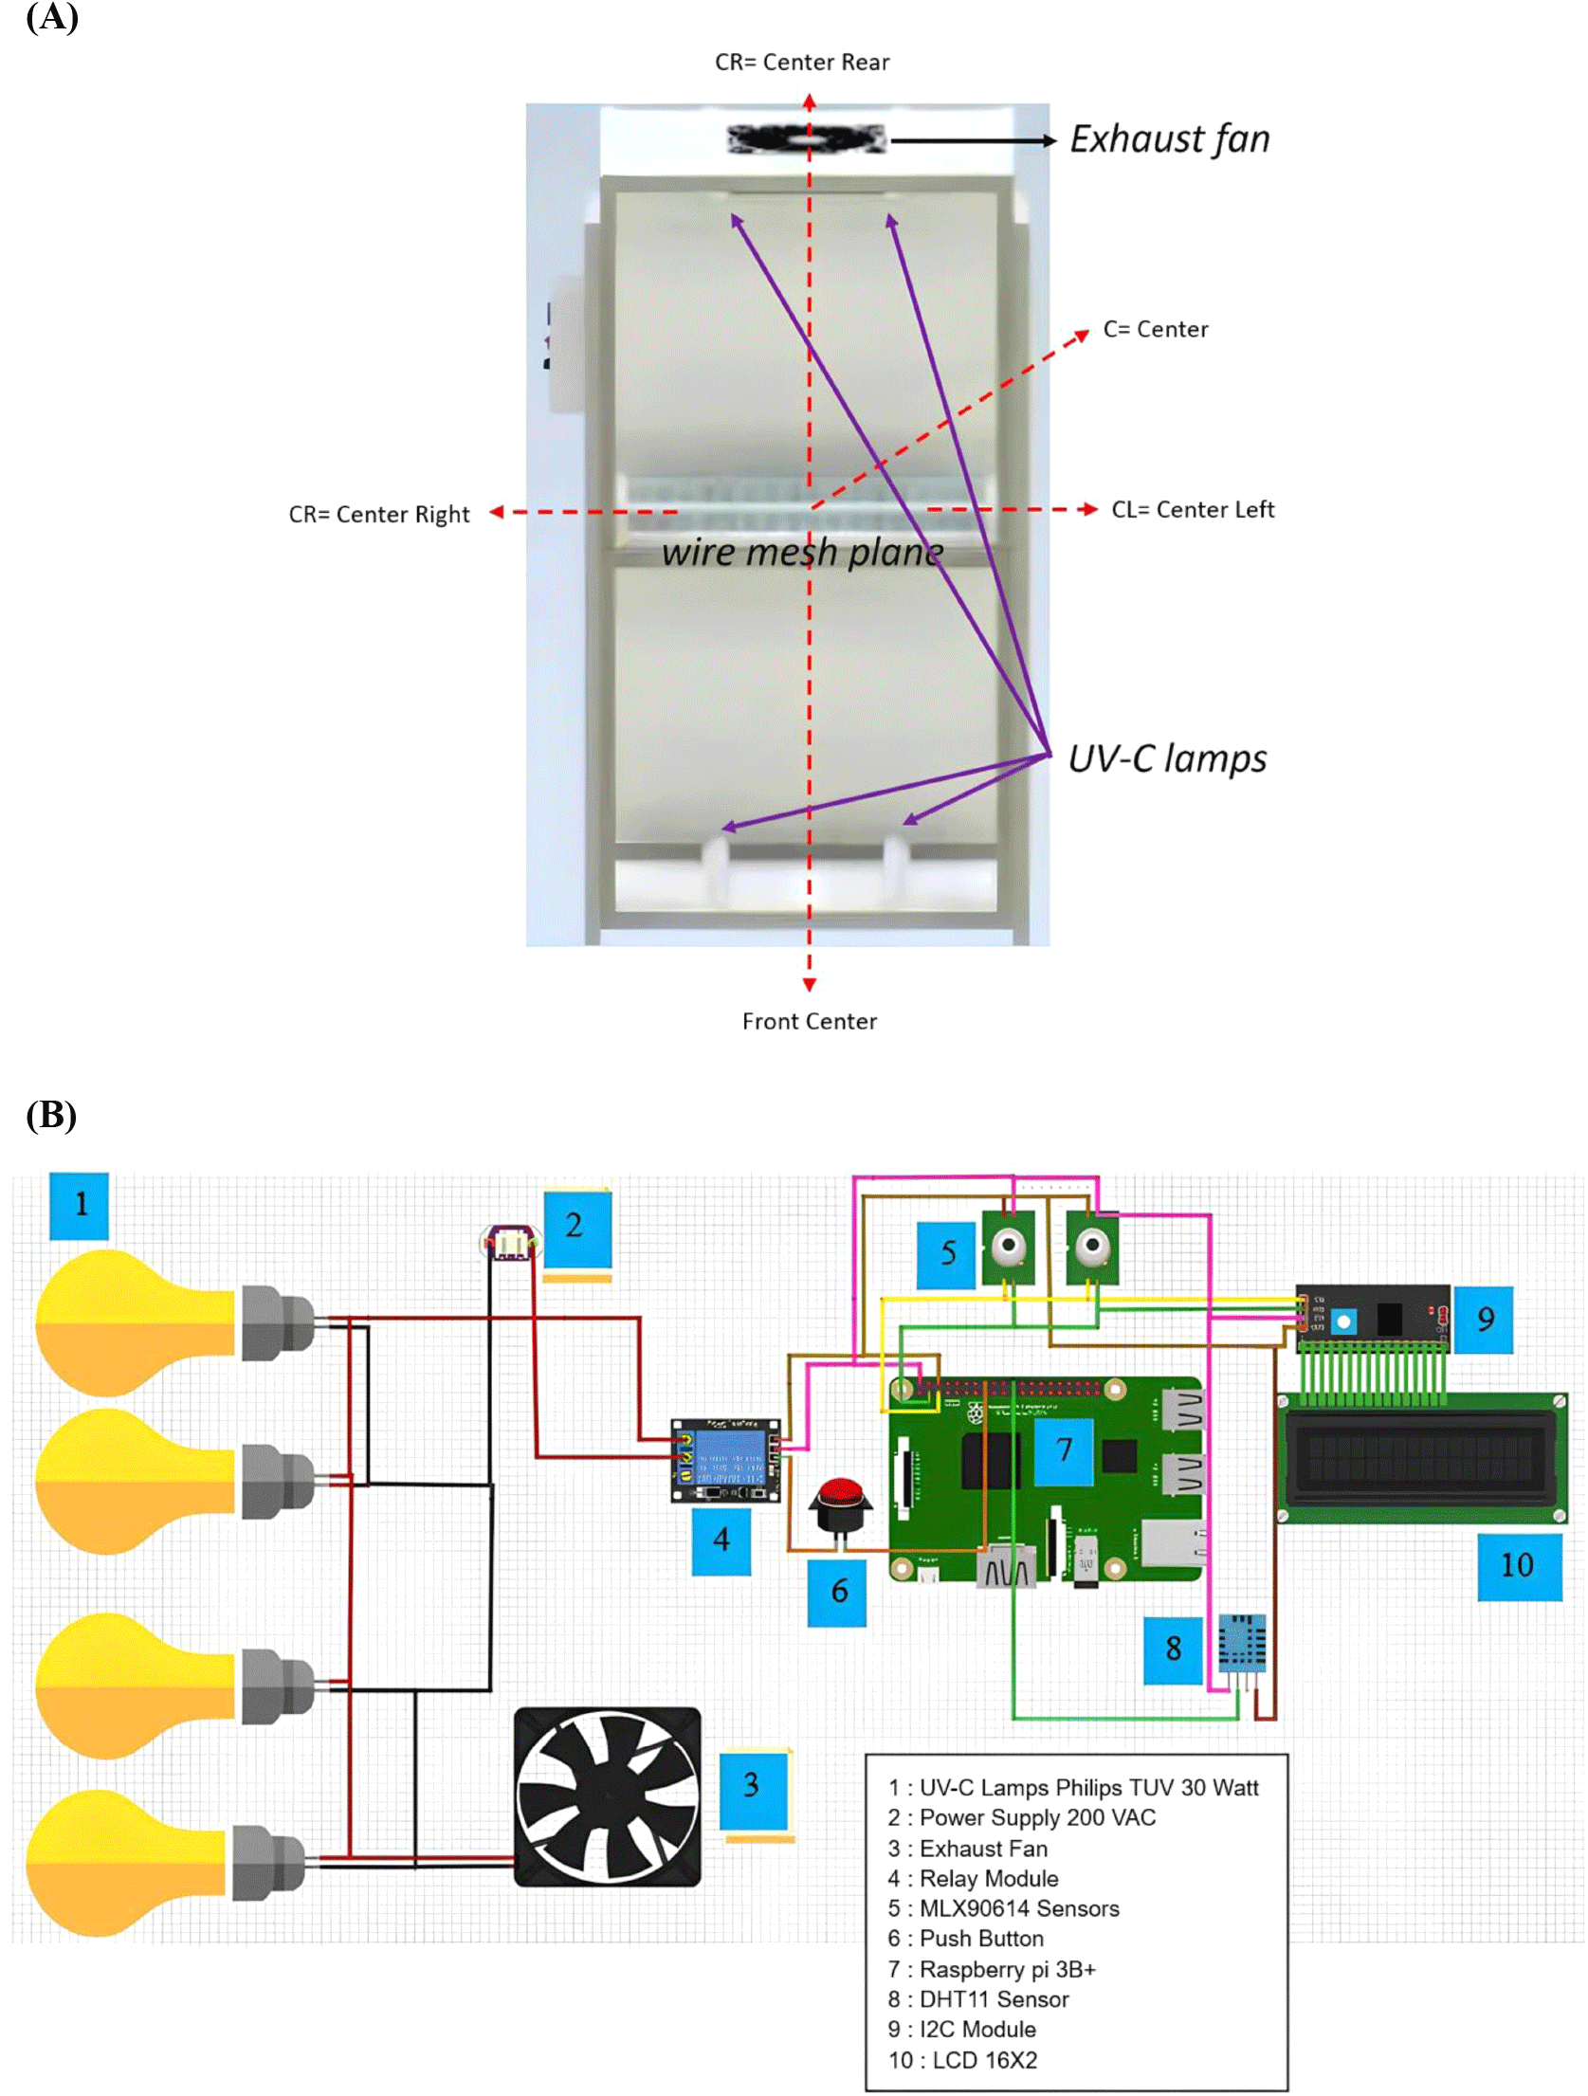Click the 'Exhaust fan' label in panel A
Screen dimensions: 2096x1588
(1169, 139)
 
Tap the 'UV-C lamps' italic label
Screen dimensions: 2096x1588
(1167, 759)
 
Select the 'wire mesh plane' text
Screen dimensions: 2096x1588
(802, 552)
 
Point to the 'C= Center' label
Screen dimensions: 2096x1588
(1155, 329)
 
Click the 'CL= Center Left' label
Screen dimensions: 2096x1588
(1192, 510)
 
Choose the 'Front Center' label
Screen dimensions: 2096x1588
(809, 1021)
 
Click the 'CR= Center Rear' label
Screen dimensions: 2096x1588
(802, 63)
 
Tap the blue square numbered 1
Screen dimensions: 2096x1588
(80, 1205)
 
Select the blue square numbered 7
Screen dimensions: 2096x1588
(1063, 1449)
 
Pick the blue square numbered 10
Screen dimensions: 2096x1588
(1519, 1565)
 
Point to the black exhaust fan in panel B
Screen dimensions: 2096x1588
(607, 1796)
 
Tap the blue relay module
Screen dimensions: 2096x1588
(725, 1461)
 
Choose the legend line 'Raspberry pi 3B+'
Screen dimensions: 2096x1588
(992, 1969)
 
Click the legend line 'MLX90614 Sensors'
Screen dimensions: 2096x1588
(1003, 1908)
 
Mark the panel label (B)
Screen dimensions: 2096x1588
(51, 1115)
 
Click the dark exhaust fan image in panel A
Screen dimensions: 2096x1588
(807, 139)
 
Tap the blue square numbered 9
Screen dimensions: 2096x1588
(1484, 1319)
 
